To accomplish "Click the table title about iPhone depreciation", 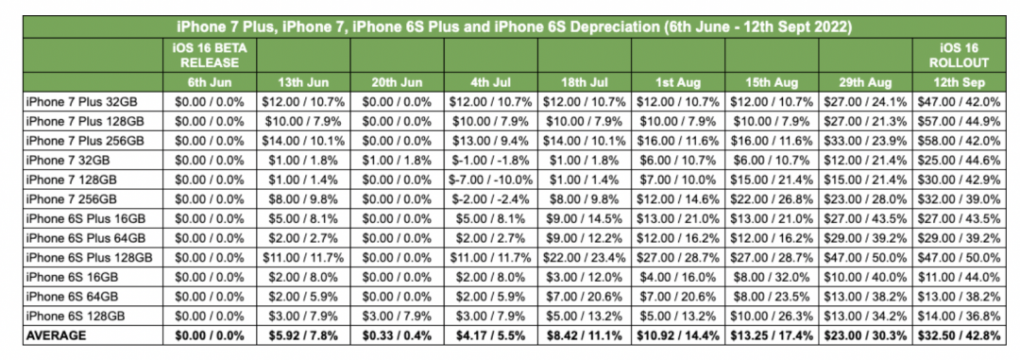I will click(511, 26).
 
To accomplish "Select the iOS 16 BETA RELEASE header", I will click(207, 56).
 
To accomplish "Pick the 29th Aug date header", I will click(866, 82).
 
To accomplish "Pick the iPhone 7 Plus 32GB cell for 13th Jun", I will click(302, 99).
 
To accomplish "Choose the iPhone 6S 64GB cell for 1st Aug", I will click(678, 297).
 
